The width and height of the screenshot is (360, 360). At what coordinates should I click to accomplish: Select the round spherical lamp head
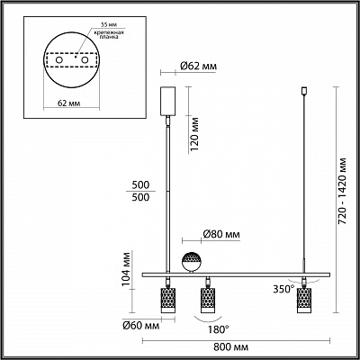pos(192,262)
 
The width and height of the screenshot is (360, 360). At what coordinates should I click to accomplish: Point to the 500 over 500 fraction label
pos(142,190)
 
